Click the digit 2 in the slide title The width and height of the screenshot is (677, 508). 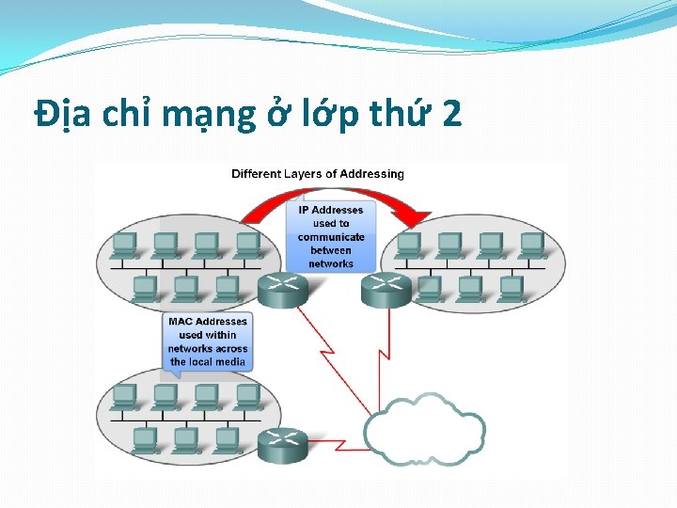point(450,115)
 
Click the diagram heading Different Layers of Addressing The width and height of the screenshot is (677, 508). point(317,173)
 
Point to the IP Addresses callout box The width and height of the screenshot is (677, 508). point(331,236)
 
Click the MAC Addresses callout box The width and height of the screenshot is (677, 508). point(207,341)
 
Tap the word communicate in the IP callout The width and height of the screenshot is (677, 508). point(331,237)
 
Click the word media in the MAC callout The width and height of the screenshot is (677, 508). point(230,361)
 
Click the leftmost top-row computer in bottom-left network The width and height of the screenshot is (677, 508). point(124,396)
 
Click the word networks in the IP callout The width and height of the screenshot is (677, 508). point(331,263)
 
